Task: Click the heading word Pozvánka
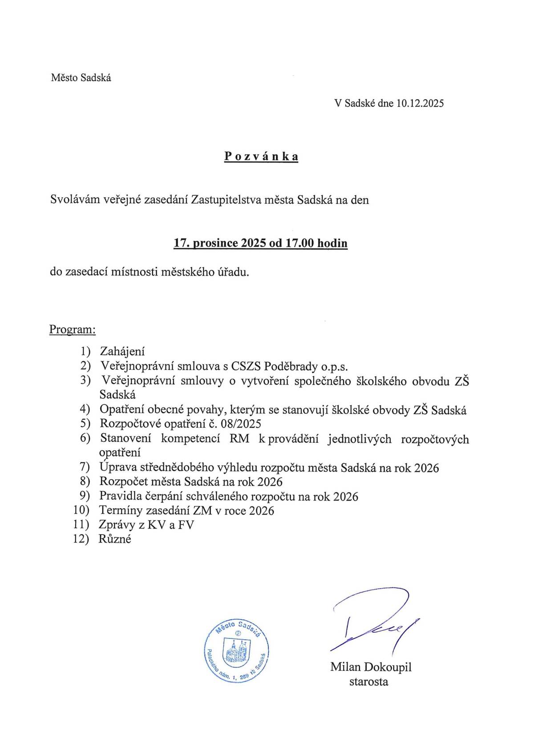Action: (x=261, y=156)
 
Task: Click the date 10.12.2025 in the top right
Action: (x=420, y=104)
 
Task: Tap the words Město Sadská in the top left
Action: (x=81, y=78)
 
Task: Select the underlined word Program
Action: (x=72, y=330)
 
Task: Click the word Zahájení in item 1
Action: (x=122, y=352)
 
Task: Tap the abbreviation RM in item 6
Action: (x=239, y=439)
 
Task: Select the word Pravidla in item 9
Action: (x=118, y=496)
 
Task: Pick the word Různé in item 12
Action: (x=115, y=539)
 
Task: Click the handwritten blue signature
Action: (x=374, y=622)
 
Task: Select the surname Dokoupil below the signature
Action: (x=388, y=667)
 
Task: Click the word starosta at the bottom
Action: (x=368, y=682)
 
